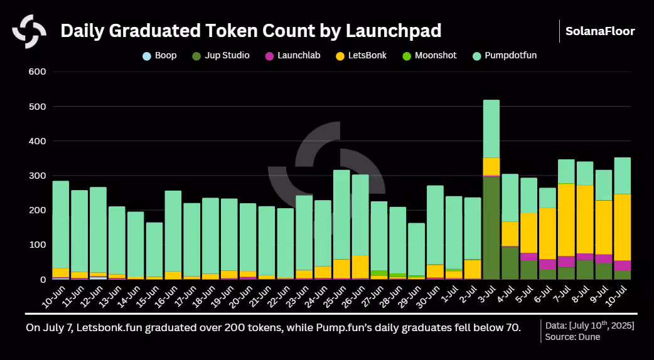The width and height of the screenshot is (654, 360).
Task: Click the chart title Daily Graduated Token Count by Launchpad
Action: [x=250, y=31]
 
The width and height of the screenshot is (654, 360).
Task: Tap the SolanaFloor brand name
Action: [x=600, y=31]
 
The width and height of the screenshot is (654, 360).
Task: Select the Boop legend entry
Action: [x=159, y=55]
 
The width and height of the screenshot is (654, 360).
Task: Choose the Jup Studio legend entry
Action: [x=221, y=55]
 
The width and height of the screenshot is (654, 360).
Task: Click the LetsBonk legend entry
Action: [x=361, y=55]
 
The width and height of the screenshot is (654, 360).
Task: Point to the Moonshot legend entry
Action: [x=429, y=55]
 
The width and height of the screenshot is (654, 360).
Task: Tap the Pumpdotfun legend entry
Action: [x=504, y=55]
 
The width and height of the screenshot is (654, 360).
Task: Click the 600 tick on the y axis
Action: [x=37, y=71]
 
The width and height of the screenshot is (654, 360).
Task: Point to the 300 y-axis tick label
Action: [x=37, y=176]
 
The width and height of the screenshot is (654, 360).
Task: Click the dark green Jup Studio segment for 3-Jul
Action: [x=491, y=228]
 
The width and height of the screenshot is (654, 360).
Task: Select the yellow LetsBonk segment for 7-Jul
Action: [x=566, y=220]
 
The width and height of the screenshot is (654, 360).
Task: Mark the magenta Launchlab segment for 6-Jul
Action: [x=547, y=264]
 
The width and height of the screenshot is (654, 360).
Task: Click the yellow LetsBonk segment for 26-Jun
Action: [x=360, y=267]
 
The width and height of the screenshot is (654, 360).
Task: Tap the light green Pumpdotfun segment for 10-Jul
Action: [x=622, y=176]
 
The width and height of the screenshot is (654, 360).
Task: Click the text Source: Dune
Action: [x=572, y=337]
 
